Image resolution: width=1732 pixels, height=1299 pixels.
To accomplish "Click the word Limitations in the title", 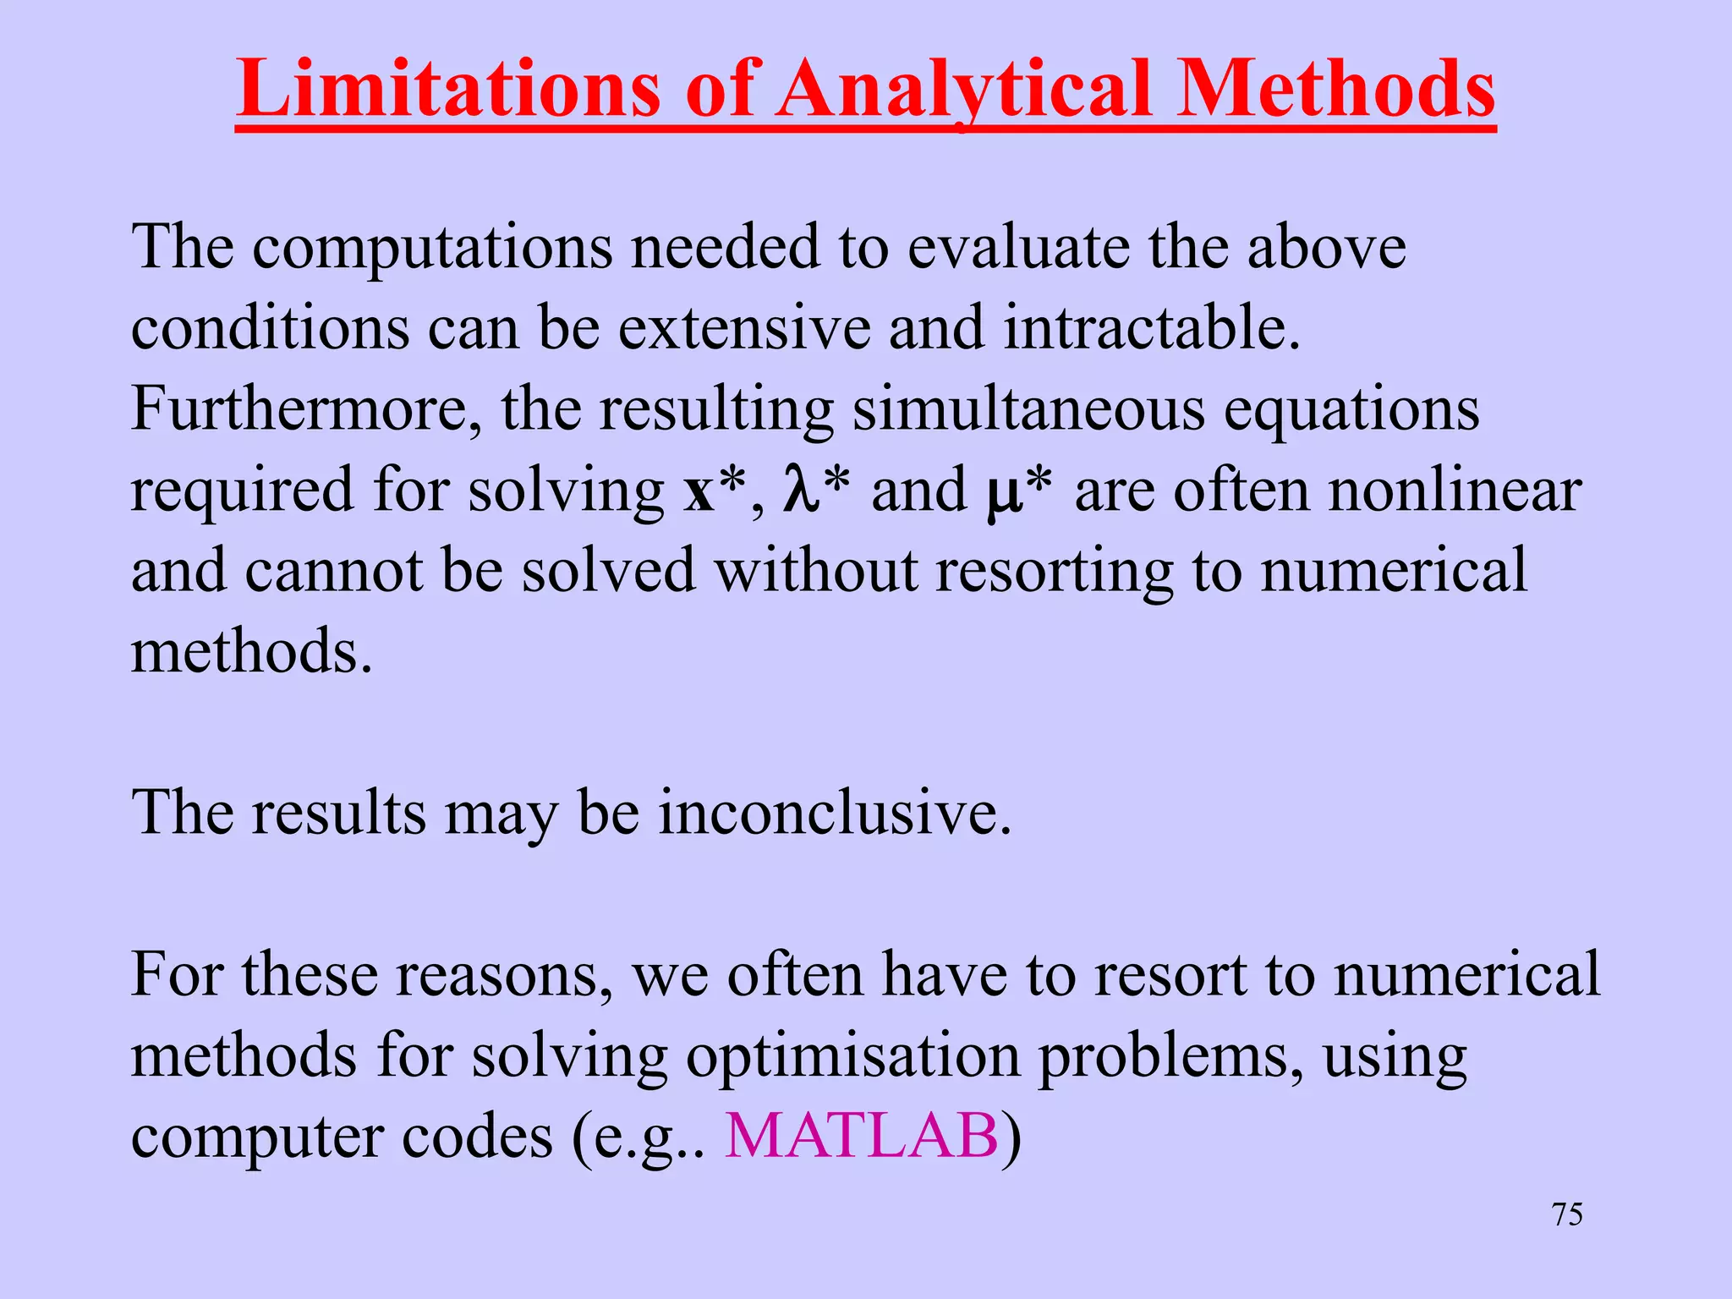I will coord(448,89).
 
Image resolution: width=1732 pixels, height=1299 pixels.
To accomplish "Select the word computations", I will coord(432,249).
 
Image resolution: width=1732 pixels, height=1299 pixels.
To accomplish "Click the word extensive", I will coord(744,328).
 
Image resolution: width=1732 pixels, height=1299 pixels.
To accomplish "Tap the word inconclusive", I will coord(835,813).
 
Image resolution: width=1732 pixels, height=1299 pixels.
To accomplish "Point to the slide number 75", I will coord(1567,1214).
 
